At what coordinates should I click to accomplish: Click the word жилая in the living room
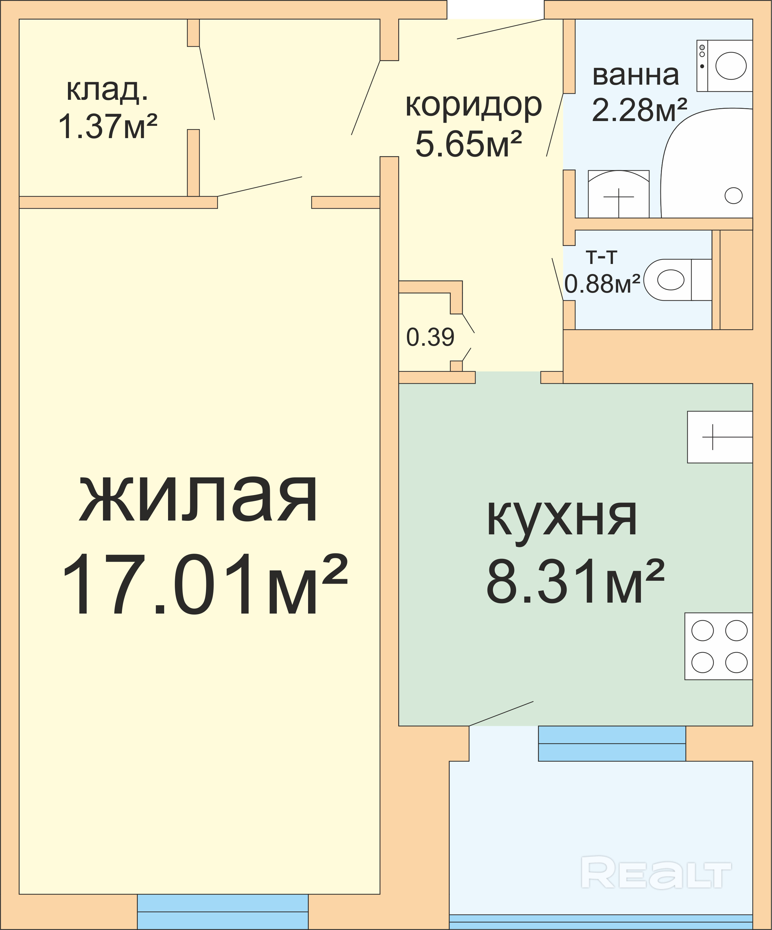(x=198, y=499)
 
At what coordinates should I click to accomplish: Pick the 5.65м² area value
(x=469, y=144)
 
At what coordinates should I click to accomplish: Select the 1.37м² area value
(x=108, y=127)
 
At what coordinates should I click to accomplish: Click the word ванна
(x=635, y=75)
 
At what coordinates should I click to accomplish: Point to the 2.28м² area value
(x=639, y=109)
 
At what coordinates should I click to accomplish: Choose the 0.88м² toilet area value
(x=602, y=284)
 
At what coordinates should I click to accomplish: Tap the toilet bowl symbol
(x=678, y=280)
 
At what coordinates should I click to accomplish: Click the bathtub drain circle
(x=733, y=195)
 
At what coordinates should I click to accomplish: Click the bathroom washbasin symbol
(x=619, y=194)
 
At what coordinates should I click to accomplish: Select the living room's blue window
(x=223, y=912)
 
